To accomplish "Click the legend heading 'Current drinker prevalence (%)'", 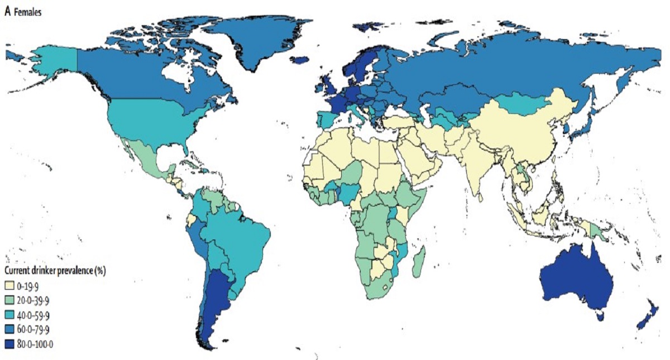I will point(55,271).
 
